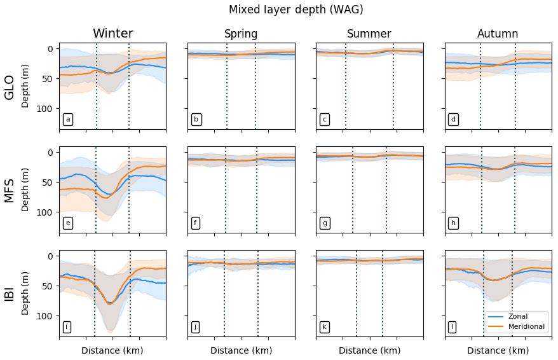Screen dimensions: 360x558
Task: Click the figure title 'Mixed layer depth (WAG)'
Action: [296, 10]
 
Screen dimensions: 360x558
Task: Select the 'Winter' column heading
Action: [112, 34]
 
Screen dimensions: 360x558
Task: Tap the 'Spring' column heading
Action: [241, 34]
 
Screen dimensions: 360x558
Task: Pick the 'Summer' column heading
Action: [369, 34]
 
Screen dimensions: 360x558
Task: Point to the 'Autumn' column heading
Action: [498, 34]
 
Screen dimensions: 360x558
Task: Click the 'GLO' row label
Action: [10, 86]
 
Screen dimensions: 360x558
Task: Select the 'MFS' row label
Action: [10, 190]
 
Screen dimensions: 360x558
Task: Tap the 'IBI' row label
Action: [10, 293]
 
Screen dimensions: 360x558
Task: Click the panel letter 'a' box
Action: [68, 120]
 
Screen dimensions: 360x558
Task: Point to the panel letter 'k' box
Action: [324, 327]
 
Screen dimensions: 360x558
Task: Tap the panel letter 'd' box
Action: [453, 120]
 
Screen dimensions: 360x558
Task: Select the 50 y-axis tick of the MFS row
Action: [48, 183]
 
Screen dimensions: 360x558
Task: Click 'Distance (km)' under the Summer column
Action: [369, 350]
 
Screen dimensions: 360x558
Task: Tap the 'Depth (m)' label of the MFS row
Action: [25, 190]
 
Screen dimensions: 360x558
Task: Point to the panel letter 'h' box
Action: [453, 223]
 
